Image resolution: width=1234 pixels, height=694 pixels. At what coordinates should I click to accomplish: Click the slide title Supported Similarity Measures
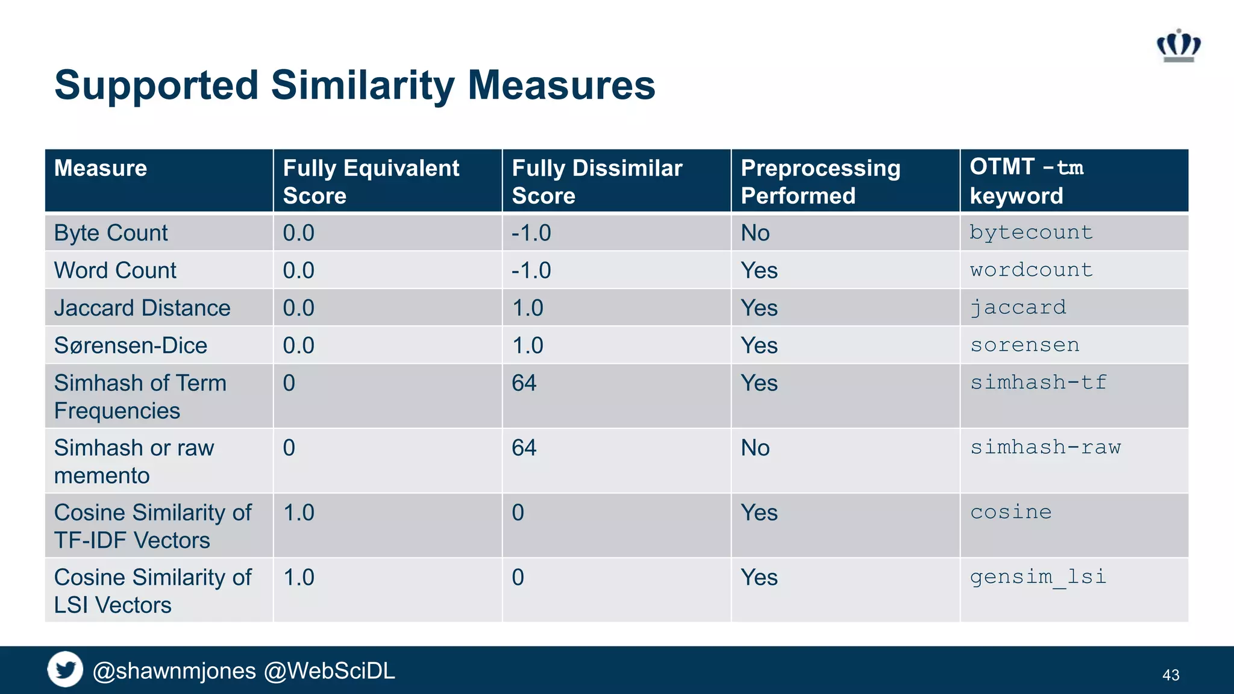point(354,85)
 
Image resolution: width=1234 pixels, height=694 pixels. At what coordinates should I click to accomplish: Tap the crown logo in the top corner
point(1179,46)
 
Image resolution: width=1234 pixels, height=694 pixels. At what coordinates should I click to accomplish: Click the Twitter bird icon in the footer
point(65,669)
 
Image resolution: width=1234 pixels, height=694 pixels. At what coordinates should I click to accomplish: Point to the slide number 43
point(1170,675)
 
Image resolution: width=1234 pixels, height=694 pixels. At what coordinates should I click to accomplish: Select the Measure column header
point(101,168)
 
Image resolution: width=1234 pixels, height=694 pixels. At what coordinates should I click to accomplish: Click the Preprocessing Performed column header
point(820,181)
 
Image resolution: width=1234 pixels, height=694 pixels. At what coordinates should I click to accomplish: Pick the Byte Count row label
point(111,233)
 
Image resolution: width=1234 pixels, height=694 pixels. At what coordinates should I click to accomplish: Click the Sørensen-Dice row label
point(130,345)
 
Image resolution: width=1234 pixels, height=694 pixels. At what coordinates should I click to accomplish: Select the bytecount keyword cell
point(1030,233)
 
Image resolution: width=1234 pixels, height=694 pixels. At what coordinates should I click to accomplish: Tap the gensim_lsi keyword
point(1038,577)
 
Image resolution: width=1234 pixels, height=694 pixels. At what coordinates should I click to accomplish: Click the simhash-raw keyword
point(1045,448)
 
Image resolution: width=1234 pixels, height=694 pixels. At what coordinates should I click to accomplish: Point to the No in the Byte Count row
point(755,233)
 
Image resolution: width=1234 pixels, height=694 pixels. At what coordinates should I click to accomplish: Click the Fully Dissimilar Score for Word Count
point(531,270)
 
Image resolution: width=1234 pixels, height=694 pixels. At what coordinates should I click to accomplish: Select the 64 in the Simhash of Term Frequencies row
point(524,383)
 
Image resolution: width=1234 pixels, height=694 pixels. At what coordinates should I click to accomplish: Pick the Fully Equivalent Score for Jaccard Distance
point(298,308)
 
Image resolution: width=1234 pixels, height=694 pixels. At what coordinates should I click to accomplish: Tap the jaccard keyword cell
point(1018,308)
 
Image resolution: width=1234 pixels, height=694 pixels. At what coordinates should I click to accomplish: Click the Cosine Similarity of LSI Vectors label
point(152,591)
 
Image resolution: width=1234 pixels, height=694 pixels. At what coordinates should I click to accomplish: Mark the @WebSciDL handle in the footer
point(330,671)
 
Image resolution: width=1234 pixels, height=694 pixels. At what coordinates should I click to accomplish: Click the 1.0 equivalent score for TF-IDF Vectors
point(298,513)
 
